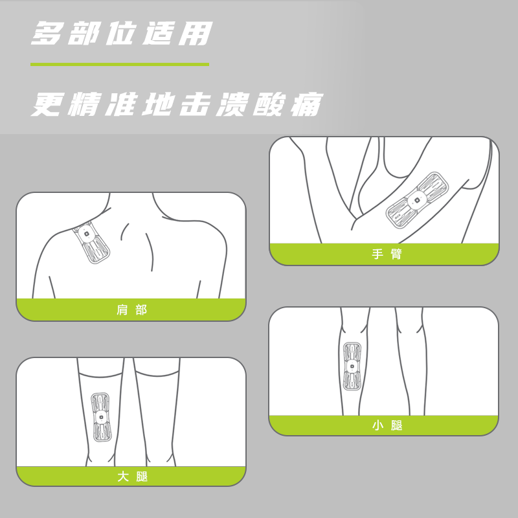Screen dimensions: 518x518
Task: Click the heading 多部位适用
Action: (x=122, y=34)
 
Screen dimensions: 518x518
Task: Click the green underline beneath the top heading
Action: (x=120, y=64)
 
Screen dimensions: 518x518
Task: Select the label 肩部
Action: (x=131, y=310)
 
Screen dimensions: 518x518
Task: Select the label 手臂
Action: (x=387, y=254)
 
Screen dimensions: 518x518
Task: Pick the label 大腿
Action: (x=131, y=477)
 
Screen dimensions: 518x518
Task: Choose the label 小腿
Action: (x=387, y=425)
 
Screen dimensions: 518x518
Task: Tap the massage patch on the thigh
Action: (x=100, y=417)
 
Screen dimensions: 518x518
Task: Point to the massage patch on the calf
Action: (x=352, y=366)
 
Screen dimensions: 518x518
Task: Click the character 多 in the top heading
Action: (x=49, y=34)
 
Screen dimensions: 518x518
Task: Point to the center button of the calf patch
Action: (x=352, y=366)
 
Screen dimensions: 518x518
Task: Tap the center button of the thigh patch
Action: (x=100, y=417)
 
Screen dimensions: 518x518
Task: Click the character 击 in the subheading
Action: (x=196, y=105)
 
